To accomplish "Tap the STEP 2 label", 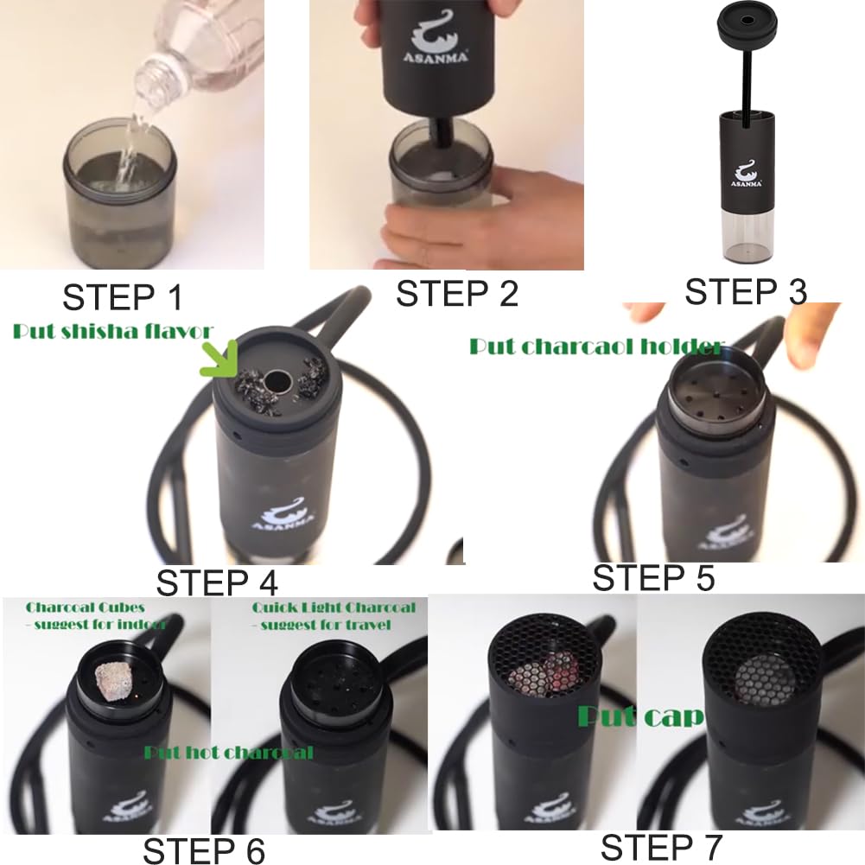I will pos(457,293).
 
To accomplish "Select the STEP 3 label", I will pos(746,291).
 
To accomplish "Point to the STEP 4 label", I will pos(217,582).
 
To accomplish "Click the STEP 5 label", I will pos(653,576).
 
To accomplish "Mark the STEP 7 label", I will pos(661,846).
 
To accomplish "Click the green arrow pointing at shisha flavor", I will pos(220,359).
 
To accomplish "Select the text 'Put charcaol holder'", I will pos(595,347).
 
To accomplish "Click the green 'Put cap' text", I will pos(639,716).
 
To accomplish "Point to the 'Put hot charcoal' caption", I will pos(228,752).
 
